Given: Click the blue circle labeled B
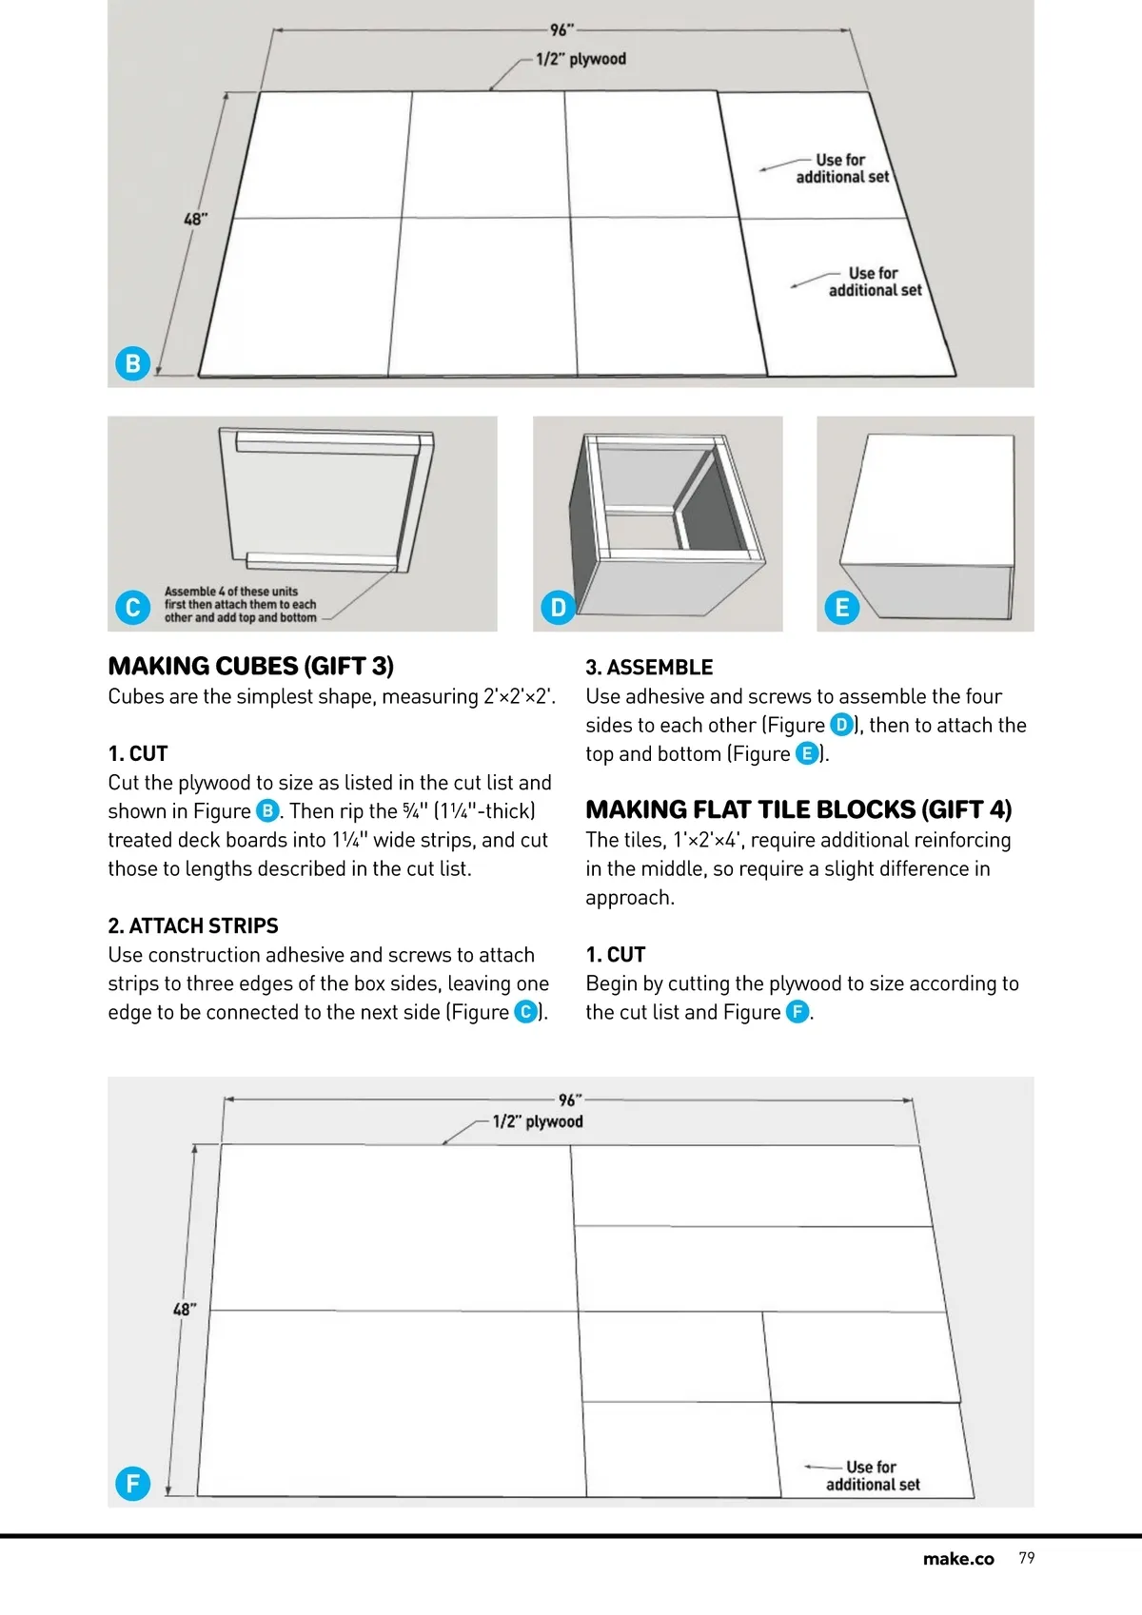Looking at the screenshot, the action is pyautogui.click(x=132, y=363).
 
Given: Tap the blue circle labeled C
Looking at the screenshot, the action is pyautogui.click(x=132, y=607).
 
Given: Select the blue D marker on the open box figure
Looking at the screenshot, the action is pyautogui.click(x=558, y=607).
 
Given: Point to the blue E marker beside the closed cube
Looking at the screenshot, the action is pyautogui.click(x=842, y=607).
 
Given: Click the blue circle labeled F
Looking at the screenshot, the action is pyautogui.click(x=132, y=1484).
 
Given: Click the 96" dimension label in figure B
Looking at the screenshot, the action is pyautogui.click(x=562, y=30).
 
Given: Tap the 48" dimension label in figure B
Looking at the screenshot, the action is pyautogui.click(x=195, y=219).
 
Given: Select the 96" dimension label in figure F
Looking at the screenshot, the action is pyautogui.click(x=570, y=1100).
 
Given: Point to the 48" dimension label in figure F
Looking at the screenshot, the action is pyautogui.click(x=185, y=1310).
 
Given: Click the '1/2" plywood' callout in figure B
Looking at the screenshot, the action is pyautogui.click(x=581, y=59).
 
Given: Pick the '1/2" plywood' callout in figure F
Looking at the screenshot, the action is pyautogui.click(x=538, y=1122).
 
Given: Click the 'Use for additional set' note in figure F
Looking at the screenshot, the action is pyautogui.click(x=873, y=1476).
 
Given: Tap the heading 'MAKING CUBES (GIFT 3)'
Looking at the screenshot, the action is pyautogui.click(x=251, y=666).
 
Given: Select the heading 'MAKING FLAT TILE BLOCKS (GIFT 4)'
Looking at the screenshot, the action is pyautogui.click(x=798, y=809).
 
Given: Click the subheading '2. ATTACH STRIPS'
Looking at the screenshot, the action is pyautogui.click(x=193, y=925).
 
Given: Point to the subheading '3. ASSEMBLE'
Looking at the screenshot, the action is pyautogui.click(x=649, y=668).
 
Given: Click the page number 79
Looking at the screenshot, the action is pyautogui.click(x=1027, y=1558).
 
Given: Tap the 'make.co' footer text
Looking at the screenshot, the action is pyautogui.click(x=958, y=1559).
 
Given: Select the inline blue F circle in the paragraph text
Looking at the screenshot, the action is pyautogui.click(x=797, y=1012).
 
